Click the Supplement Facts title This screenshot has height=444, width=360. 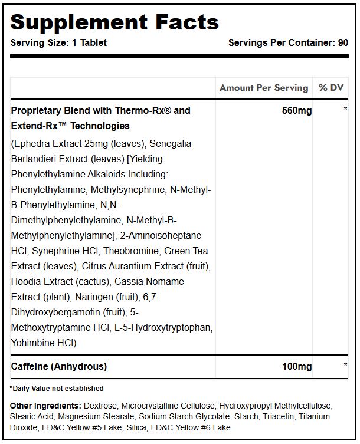click(114, 22)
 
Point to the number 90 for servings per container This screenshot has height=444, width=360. click(342, 43)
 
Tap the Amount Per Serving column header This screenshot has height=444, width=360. click(264, 88)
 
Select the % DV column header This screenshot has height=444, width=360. click(330, 88)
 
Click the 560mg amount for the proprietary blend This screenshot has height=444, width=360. click(297, 110)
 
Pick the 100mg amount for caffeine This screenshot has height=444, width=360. click(297, 366)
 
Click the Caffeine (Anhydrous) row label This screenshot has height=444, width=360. click(59, 366)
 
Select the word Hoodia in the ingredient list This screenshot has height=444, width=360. click(25, 281)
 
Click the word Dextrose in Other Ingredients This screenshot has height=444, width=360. click(101, 406)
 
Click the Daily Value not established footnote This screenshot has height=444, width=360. click(57, 388)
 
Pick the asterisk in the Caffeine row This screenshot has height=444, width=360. click(345, 366)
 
